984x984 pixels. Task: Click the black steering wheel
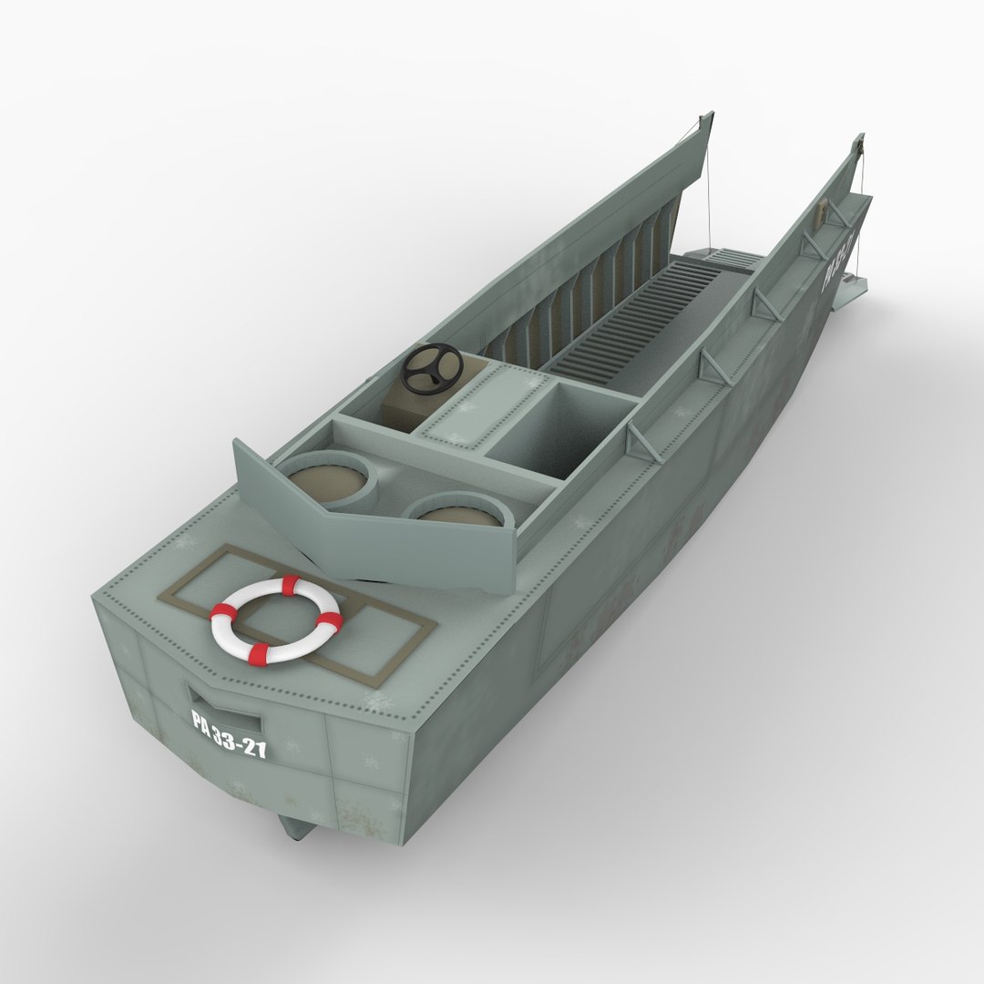432,368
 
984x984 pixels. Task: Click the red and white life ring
276,620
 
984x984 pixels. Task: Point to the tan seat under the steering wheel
403,408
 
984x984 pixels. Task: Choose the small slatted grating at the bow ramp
729,259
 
